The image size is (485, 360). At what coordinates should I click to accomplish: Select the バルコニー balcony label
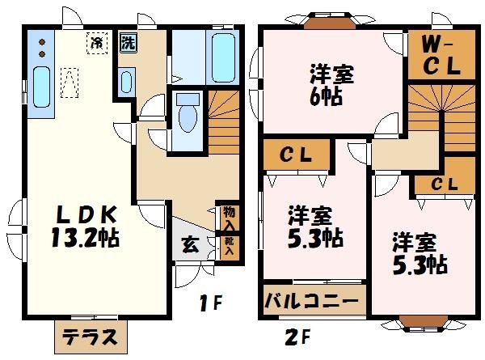tap(312, 303)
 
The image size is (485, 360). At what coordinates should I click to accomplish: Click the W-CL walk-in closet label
tap(441, 56)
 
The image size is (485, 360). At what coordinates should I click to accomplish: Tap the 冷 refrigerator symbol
tap(98, 42)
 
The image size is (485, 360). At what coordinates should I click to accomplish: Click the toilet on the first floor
tap(188, 112)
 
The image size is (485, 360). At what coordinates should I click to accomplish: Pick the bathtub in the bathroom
tap(222, 57)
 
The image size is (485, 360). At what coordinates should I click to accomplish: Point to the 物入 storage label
tap(230, 217)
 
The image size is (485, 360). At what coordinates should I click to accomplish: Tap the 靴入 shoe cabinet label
tap(230, 246)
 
